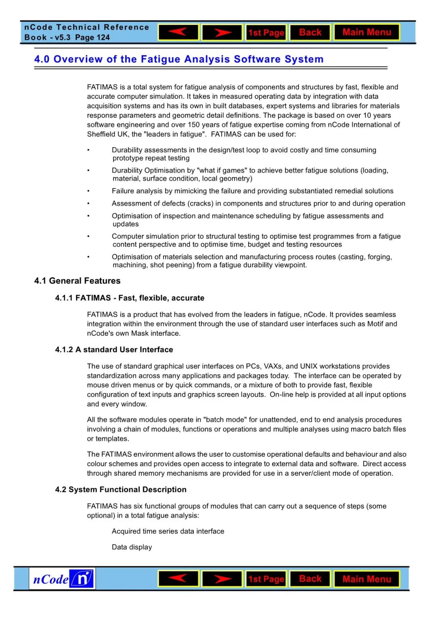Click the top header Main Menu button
(367, 32)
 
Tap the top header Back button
(310, 32)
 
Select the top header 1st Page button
(266, 33)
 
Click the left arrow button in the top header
(178, 32)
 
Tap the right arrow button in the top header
(222, 32)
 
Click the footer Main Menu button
(367, 579)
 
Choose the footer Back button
(310, 579)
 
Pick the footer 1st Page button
(266, 579)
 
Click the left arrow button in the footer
(178, 579)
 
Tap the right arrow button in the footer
(222, 579)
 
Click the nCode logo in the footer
(62, 579)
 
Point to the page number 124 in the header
(103, 38)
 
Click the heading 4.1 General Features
(77, 281)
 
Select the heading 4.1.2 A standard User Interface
(114, 349)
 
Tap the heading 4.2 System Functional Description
(121, 489)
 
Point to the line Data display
(132, 547)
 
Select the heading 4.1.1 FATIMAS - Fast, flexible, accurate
(130, 298)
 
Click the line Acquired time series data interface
(168, 531)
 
